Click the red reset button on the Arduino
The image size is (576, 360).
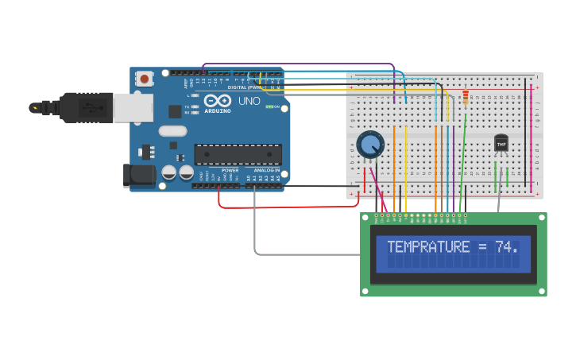click(x=145, y=78)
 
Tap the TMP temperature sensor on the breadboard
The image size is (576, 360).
click(x=501, y=143)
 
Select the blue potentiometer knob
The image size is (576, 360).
click(x=370, y=144)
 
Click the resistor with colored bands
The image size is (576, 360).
click(x=466, y=98)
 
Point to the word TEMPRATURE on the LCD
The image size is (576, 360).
click(x=428, y=247)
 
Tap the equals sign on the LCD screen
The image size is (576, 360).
click(x=483, y=247)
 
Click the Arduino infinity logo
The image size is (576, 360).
click(x=218, y=101)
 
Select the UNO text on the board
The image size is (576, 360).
click(x=249, y=101)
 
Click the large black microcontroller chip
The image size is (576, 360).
click(x=238, y=153)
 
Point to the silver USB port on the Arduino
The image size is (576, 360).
click(x=133, y=106)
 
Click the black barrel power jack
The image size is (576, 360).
click(x=138, y=176)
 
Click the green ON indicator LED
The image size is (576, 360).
click(x=269, y=106)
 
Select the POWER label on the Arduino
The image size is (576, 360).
click(x=230, y=170)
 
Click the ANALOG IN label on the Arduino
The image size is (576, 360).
click(x=266, y=170)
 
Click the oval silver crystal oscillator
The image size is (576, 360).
click(x=172, y=131)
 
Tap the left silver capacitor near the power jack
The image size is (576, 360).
click(x=169, y=172)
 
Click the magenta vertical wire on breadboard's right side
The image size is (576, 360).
click(x=531, y=135)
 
